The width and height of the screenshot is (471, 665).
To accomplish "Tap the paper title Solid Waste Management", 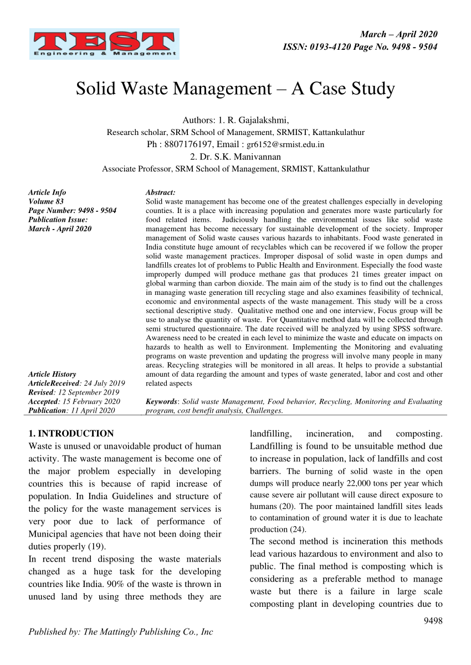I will point(235,89).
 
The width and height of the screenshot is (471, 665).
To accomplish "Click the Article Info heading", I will point(47,193).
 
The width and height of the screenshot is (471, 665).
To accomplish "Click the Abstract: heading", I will point(160,193).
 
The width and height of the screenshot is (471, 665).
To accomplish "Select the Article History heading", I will point(52,374).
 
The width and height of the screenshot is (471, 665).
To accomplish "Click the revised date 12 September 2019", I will point(92,392).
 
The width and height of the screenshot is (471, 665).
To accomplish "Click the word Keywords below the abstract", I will point(162,401).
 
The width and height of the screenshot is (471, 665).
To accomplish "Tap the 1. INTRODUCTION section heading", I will point(71,433).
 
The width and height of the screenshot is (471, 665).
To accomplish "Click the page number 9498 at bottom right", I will point(433,621).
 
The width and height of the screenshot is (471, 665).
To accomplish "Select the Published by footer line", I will point(121,632).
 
